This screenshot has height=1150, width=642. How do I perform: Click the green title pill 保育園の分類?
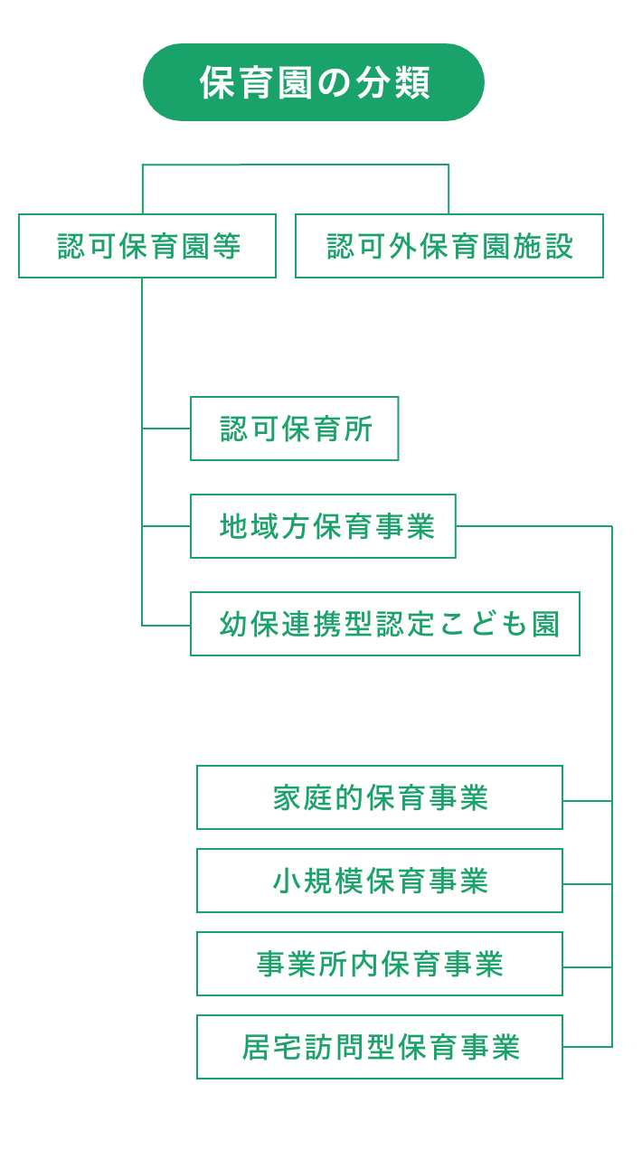(314, 82)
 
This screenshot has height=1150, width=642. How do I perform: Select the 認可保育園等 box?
(147, 246)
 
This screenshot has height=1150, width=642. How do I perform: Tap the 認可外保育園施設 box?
(449, 246)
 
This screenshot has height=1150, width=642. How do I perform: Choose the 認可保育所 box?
(295, 429)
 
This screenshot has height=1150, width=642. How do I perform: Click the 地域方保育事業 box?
(323, 526)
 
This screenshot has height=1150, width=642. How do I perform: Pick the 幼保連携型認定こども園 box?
(385, 624)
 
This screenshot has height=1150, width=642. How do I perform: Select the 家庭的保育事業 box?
(380, 797)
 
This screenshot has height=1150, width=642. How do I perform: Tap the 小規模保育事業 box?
(380, 881)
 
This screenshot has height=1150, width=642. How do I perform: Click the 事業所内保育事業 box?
(380, 964)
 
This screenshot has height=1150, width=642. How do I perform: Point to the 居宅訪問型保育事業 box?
(380, 1047)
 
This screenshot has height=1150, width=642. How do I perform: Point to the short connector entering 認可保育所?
(166, 429)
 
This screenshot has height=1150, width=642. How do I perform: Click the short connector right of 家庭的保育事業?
(587, 801)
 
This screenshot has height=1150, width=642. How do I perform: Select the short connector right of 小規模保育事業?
(587, 884)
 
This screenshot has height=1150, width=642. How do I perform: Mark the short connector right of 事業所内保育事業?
(587, 967)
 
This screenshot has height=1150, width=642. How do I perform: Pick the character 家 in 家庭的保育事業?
(288, 797)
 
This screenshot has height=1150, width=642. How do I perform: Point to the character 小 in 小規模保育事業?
(288, 881)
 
